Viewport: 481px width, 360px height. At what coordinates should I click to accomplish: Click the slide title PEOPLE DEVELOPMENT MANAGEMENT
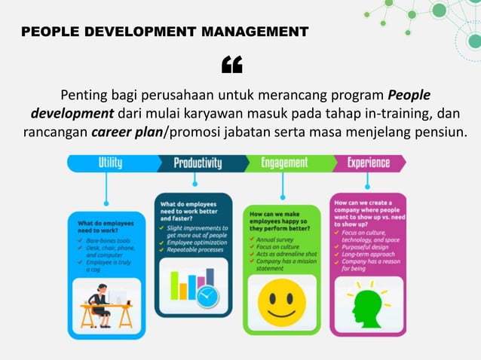point(164,32)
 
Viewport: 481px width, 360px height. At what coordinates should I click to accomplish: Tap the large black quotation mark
point(231,66)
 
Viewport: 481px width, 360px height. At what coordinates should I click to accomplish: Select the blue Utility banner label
point(110,163)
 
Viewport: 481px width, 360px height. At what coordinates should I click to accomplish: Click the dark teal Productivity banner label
point(198,163)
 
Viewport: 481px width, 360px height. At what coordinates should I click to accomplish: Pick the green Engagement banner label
point(284,163)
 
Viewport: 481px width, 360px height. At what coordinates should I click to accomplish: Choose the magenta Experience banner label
point(369,163)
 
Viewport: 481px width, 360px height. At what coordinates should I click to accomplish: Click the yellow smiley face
point(282,299)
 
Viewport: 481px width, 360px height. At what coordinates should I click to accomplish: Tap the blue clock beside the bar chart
point(207,295)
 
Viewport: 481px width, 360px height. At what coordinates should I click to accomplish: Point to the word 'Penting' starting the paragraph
point(84,96)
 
